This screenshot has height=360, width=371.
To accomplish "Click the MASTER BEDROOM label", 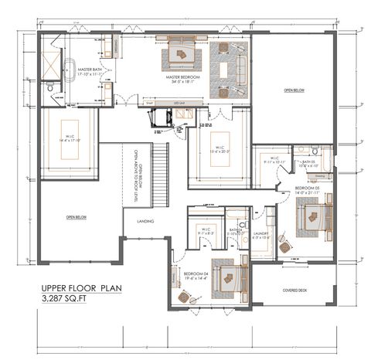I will coord(182,78).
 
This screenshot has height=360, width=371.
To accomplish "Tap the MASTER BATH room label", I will coord(90,71).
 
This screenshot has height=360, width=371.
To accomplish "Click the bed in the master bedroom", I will coord(182,53).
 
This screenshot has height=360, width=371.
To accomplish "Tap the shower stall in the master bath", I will coord(55,61).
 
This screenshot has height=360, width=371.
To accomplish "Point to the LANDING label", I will coord(145,222).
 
